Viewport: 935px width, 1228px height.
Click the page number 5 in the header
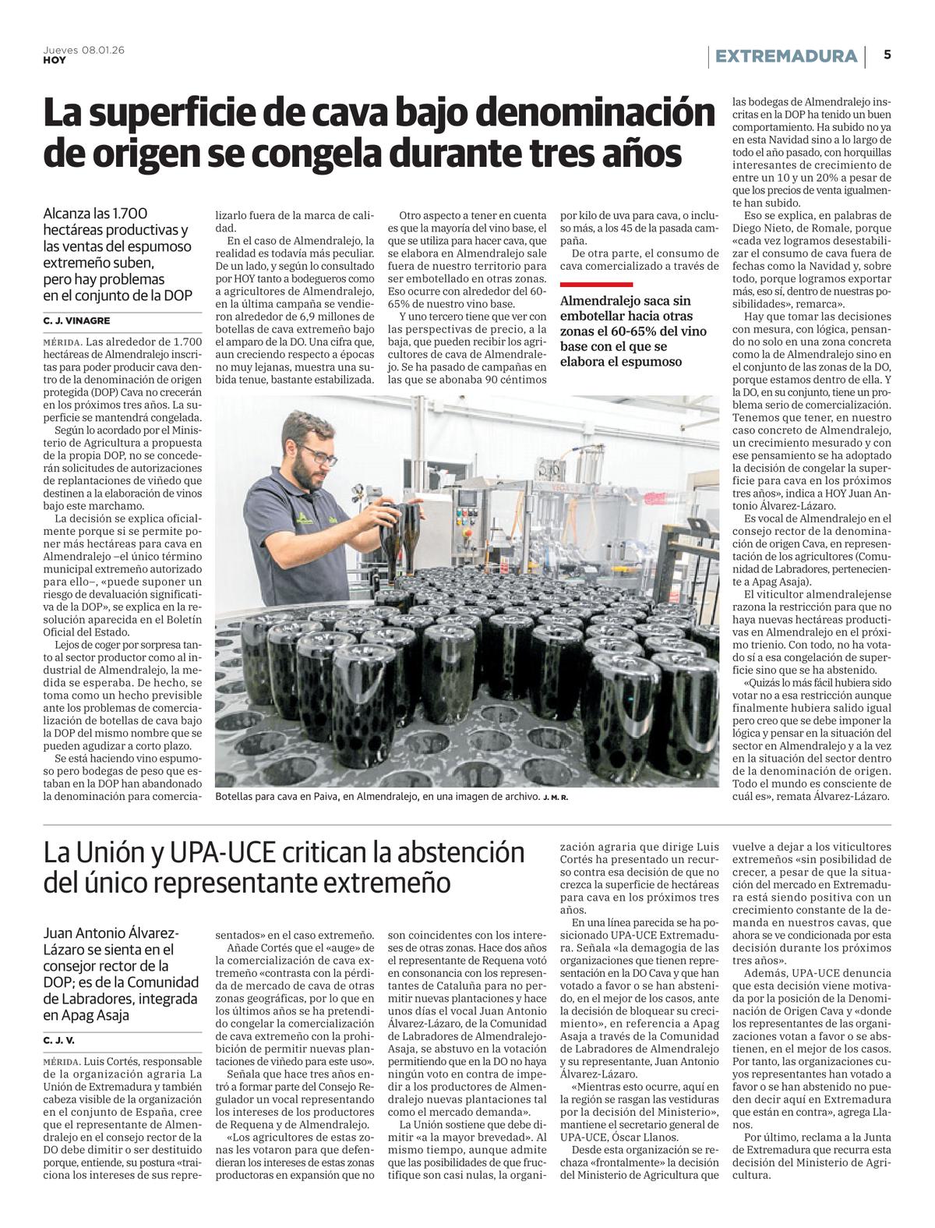pos(887,55)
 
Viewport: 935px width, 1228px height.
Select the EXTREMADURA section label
pos(786,56)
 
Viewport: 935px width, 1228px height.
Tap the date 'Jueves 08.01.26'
pos(84,50)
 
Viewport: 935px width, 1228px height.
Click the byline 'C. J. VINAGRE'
pos(76,320)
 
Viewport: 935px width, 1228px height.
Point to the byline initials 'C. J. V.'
pos(59,1040)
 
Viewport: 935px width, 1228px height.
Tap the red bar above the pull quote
pos(597,285)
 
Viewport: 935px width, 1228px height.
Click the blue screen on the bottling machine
pos(470,500)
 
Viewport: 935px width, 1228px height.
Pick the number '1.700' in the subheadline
pos(128,214)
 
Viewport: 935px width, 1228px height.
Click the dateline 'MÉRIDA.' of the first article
pos(62,342)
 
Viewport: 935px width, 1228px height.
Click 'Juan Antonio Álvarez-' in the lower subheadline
pos(111,933)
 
